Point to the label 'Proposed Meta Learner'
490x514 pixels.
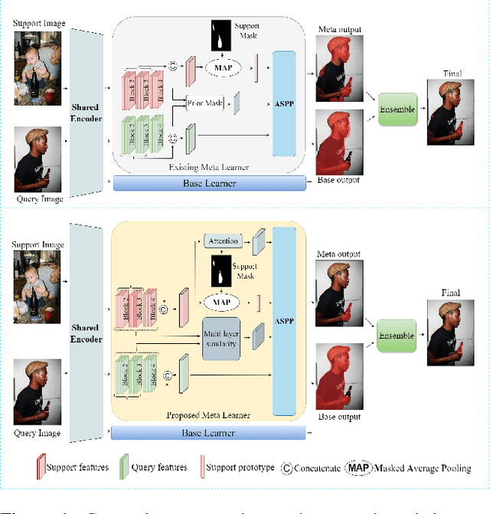[x=209, y=416]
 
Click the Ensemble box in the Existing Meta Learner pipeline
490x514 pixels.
[x=397, y=110]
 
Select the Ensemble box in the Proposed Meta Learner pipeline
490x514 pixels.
[x=397, y=336]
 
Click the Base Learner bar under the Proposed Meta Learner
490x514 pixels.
[x=208, y=433]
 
